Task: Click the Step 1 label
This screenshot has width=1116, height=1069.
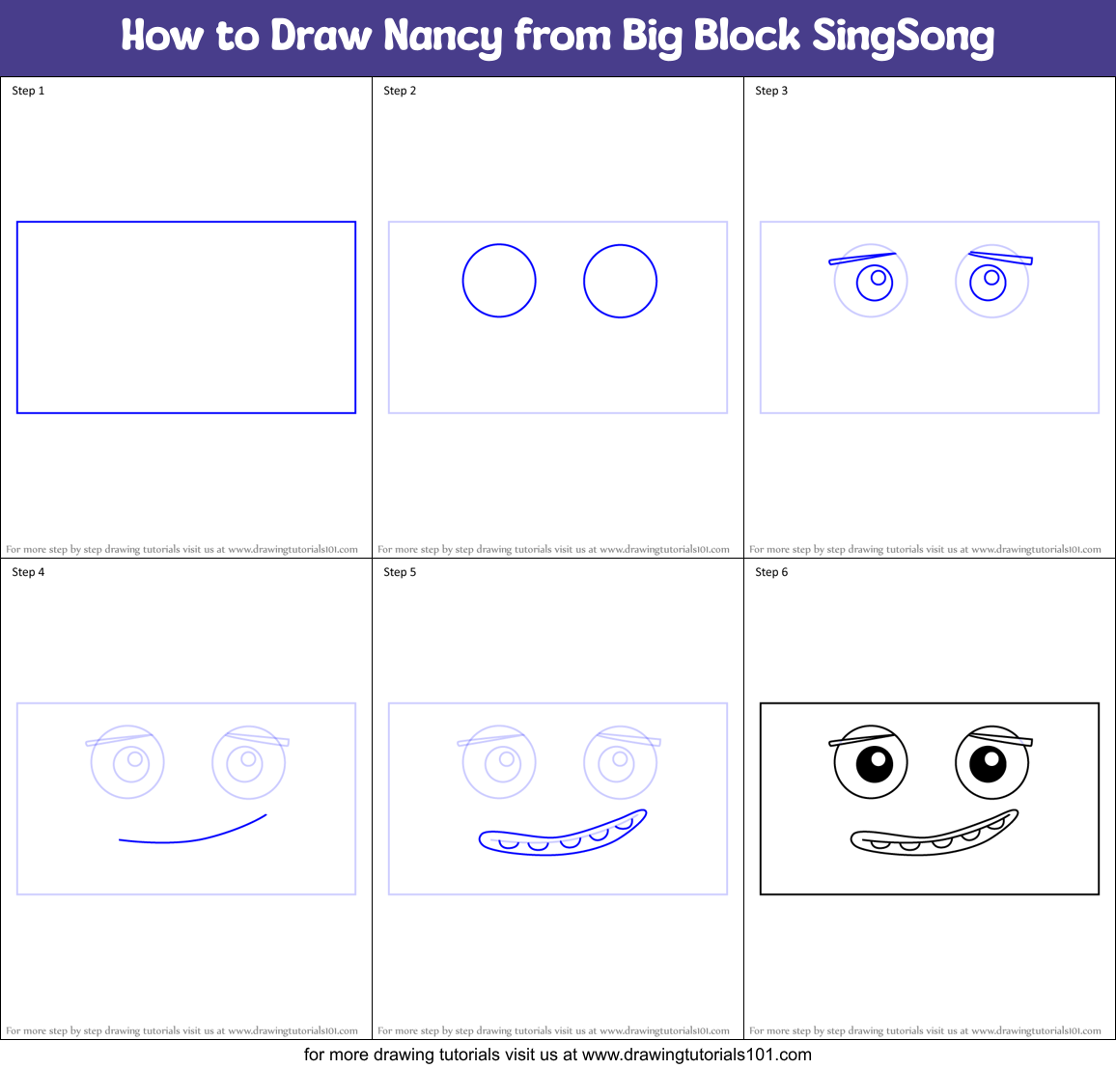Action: point(28,91)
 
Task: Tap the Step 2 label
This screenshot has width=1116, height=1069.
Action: point(400,91)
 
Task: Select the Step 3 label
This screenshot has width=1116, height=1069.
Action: point(771,91)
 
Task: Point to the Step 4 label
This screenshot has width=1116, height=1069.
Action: point(28,572)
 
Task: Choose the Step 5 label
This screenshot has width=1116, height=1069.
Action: point(400,572)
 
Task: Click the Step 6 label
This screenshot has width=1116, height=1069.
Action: point(771,572)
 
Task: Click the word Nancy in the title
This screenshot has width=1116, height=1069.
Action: point(442,37)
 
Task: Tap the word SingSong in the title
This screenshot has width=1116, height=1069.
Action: point(902,37)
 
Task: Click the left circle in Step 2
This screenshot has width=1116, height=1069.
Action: point(499,281)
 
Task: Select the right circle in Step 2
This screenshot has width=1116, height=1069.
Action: point(620,281)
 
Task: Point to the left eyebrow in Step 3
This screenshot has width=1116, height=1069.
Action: point(862,258)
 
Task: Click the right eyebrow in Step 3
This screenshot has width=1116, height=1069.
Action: point(1001,257)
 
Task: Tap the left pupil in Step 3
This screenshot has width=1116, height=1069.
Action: point(879,278)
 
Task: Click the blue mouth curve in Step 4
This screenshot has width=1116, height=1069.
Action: point(193,837)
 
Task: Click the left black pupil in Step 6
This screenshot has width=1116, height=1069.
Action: point(874,764)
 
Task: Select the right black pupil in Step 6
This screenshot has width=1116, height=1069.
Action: point(988,763)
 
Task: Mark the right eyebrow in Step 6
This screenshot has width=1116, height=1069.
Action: point(1001,738)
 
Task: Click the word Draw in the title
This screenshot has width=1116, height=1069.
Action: point(321,37)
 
